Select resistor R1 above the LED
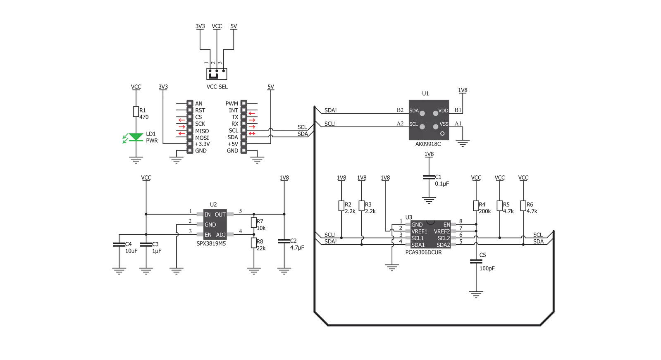pyautogui.click(x=136, y=112)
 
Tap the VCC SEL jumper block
pyautogui.click(x=216, y=74)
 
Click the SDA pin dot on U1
pyautogui.click(x=422, y=113)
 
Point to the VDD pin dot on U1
pyautogui.click(x=435, y=113)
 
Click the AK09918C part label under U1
pyautogui.click(x=428, y=144)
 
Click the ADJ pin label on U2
pyautogui.click(x=221, y=235)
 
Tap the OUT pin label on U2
pyautogui.click(x=220, y=215)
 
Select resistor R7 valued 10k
pyautogui.click(x=254, y=223)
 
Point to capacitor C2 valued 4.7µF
pyautogui.click(x=284, y=241)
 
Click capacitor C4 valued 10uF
pyautogui.click(x=119, y=244)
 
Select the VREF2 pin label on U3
pyautogui.click(x=441, y=231)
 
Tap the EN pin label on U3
pyautogui.click(x=446, y=224)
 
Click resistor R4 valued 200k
pyautogui.click(x=476, y=206)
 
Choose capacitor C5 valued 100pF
pyautogui.click(x=476, y=261)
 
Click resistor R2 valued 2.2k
pyautogui.click(x=341, y=206)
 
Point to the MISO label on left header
pyautogui.click(x=202, y=131)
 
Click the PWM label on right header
pyautogui.click(x=232, y=103)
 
